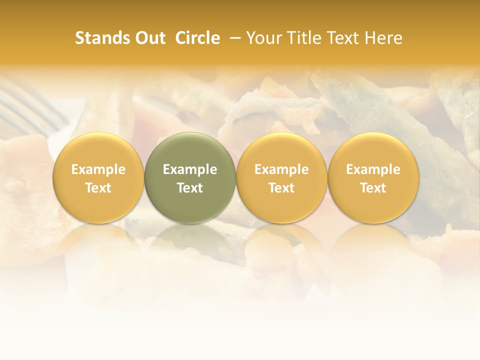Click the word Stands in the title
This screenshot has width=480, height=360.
pos(103,38)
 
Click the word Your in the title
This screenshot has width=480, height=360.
pos(263,38)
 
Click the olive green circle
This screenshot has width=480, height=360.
pos(190,178)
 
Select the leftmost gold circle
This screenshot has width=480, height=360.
pos(98,178)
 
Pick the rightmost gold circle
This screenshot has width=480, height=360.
pos(373,178)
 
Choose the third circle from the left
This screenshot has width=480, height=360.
pos(281,178)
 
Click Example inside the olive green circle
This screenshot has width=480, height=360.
pos(190,169)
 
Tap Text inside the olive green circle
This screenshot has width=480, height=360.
pos(190,188)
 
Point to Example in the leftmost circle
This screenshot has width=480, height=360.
pos(98,169)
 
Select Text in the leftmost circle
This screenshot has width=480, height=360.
pos(98,188)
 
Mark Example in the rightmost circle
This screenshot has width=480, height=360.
pos(373,169)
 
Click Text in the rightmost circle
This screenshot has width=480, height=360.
pos(373,188)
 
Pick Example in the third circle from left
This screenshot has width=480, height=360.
pos(281,169)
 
